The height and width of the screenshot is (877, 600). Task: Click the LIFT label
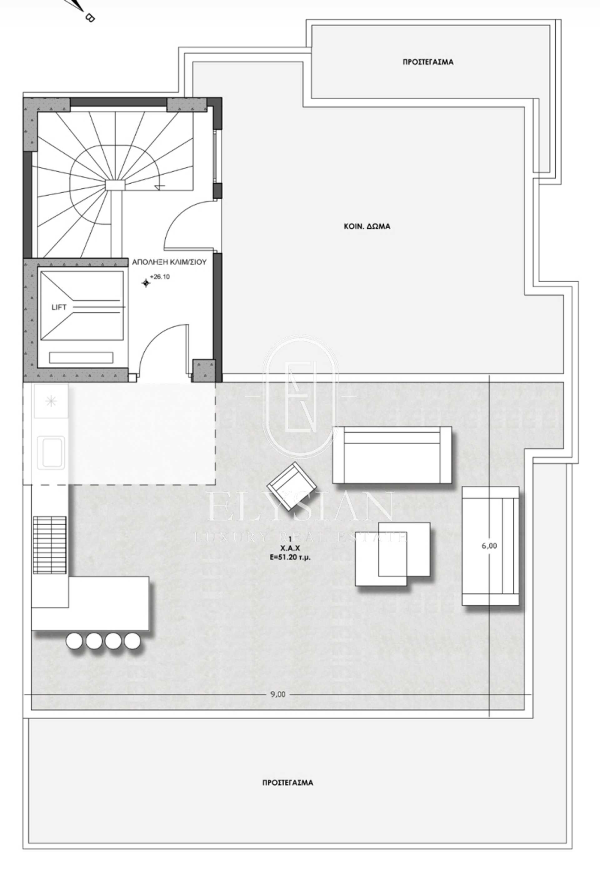click(59, 307)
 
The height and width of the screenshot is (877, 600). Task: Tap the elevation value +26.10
click(160, 277)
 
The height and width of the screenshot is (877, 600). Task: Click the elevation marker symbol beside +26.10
click(146, 283)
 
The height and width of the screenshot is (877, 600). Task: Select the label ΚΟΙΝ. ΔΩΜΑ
click(367, 226)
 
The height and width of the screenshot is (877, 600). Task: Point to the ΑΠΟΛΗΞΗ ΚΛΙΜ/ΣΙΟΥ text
click(169, 262)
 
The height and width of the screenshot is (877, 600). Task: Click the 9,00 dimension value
click(278, 694)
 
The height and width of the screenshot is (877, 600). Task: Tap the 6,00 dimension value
click(489, 546)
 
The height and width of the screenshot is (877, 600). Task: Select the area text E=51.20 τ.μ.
click(290, 557)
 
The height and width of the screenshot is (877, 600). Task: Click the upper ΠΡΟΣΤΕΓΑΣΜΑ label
click(428, 62)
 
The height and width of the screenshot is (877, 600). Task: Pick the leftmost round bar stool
click(74, 641)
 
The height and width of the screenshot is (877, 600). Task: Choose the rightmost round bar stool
click(132, 641)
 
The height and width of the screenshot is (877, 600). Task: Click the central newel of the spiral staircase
click(115, 185)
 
